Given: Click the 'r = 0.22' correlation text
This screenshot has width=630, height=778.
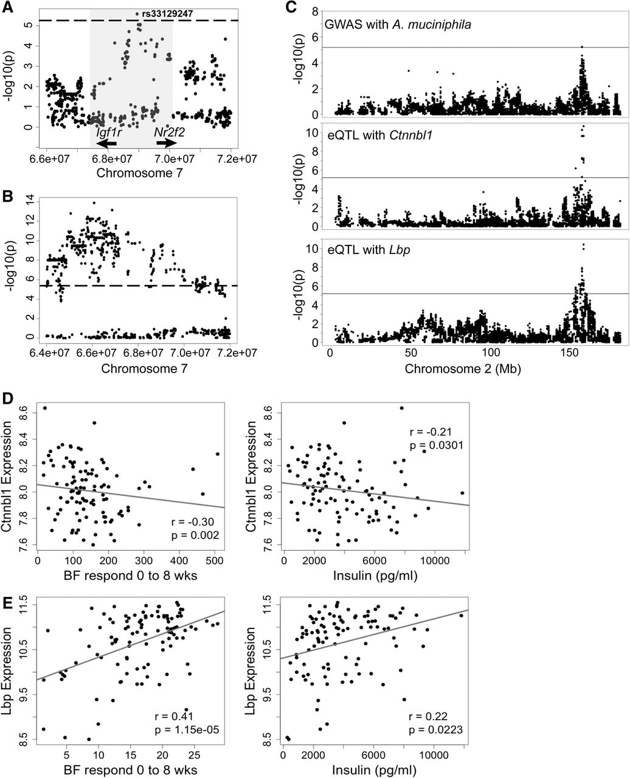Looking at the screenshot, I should (430, 712).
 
